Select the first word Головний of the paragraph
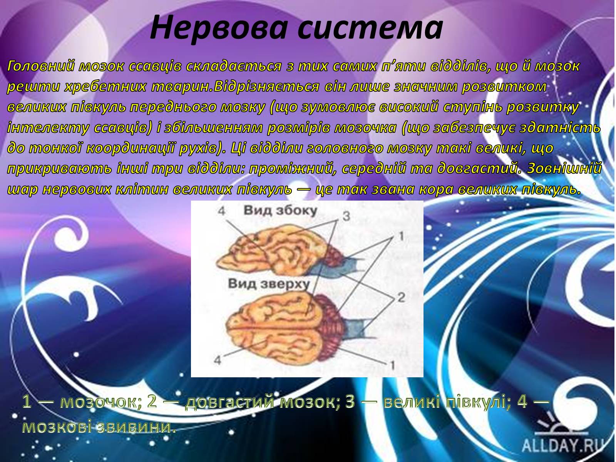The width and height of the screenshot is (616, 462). point(40,67)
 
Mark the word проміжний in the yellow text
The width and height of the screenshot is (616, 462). point(291,169)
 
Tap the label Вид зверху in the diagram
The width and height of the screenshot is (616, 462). point(269,283)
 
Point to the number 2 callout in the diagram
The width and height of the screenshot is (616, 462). point(401,298)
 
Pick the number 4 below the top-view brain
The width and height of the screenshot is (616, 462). point(217,360)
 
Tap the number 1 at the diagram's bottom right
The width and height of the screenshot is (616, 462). point(392,365)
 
